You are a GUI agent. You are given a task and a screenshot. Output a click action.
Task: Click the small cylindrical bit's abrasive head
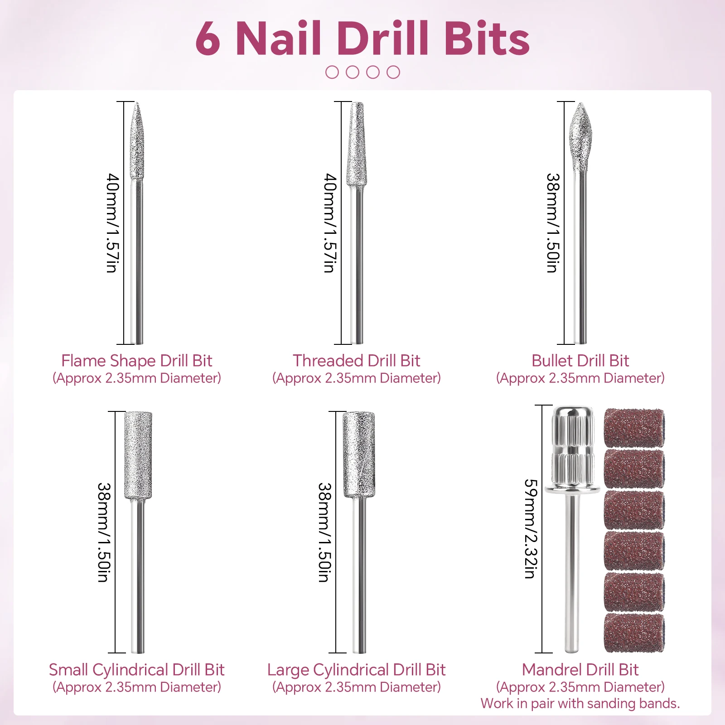pos(138,454)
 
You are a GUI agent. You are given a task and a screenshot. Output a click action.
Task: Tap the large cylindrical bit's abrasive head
pos(359,454)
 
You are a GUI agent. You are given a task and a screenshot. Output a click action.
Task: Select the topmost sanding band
pos(634,427)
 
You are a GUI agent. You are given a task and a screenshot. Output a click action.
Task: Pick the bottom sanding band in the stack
pos(634,633)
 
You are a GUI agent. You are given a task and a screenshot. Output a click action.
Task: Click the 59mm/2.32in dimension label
pos(531,529)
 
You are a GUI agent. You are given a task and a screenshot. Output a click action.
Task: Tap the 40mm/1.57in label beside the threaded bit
pos(330,222)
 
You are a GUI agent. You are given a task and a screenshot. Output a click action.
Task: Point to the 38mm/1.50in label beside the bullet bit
pos(553,222)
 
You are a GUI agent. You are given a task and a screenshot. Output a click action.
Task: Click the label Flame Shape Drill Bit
pos(136,361)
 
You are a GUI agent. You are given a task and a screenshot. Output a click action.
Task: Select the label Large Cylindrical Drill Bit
pos(356,670)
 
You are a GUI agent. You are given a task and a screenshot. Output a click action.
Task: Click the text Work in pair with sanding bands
pos(580,703)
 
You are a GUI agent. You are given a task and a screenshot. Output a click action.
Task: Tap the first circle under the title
pos(332,72)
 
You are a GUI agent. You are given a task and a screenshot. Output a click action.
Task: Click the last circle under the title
pos(393,72)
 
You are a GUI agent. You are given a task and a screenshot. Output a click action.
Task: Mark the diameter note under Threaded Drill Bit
pos(356,378)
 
